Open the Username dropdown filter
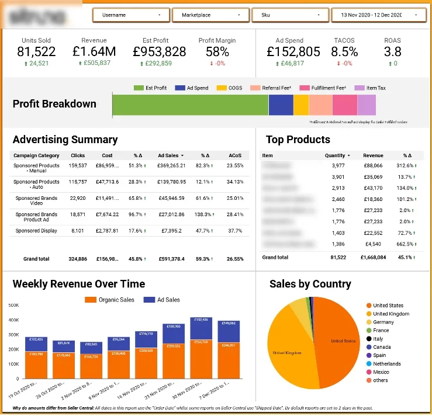point(131,15)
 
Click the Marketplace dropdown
point(210,15)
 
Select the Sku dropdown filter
point(290,15)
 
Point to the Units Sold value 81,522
point(36,51)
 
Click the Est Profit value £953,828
point(159,51)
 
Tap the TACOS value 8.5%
point(344,51)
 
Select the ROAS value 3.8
point(392,51)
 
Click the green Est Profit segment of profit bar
point(190,105)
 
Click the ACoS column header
point(235,155)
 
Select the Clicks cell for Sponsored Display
point(77,231)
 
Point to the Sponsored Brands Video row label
point(36,198)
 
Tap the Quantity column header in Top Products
point(337,155)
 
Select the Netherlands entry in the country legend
point(387,363)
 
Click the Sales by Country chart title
point(310,285)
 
